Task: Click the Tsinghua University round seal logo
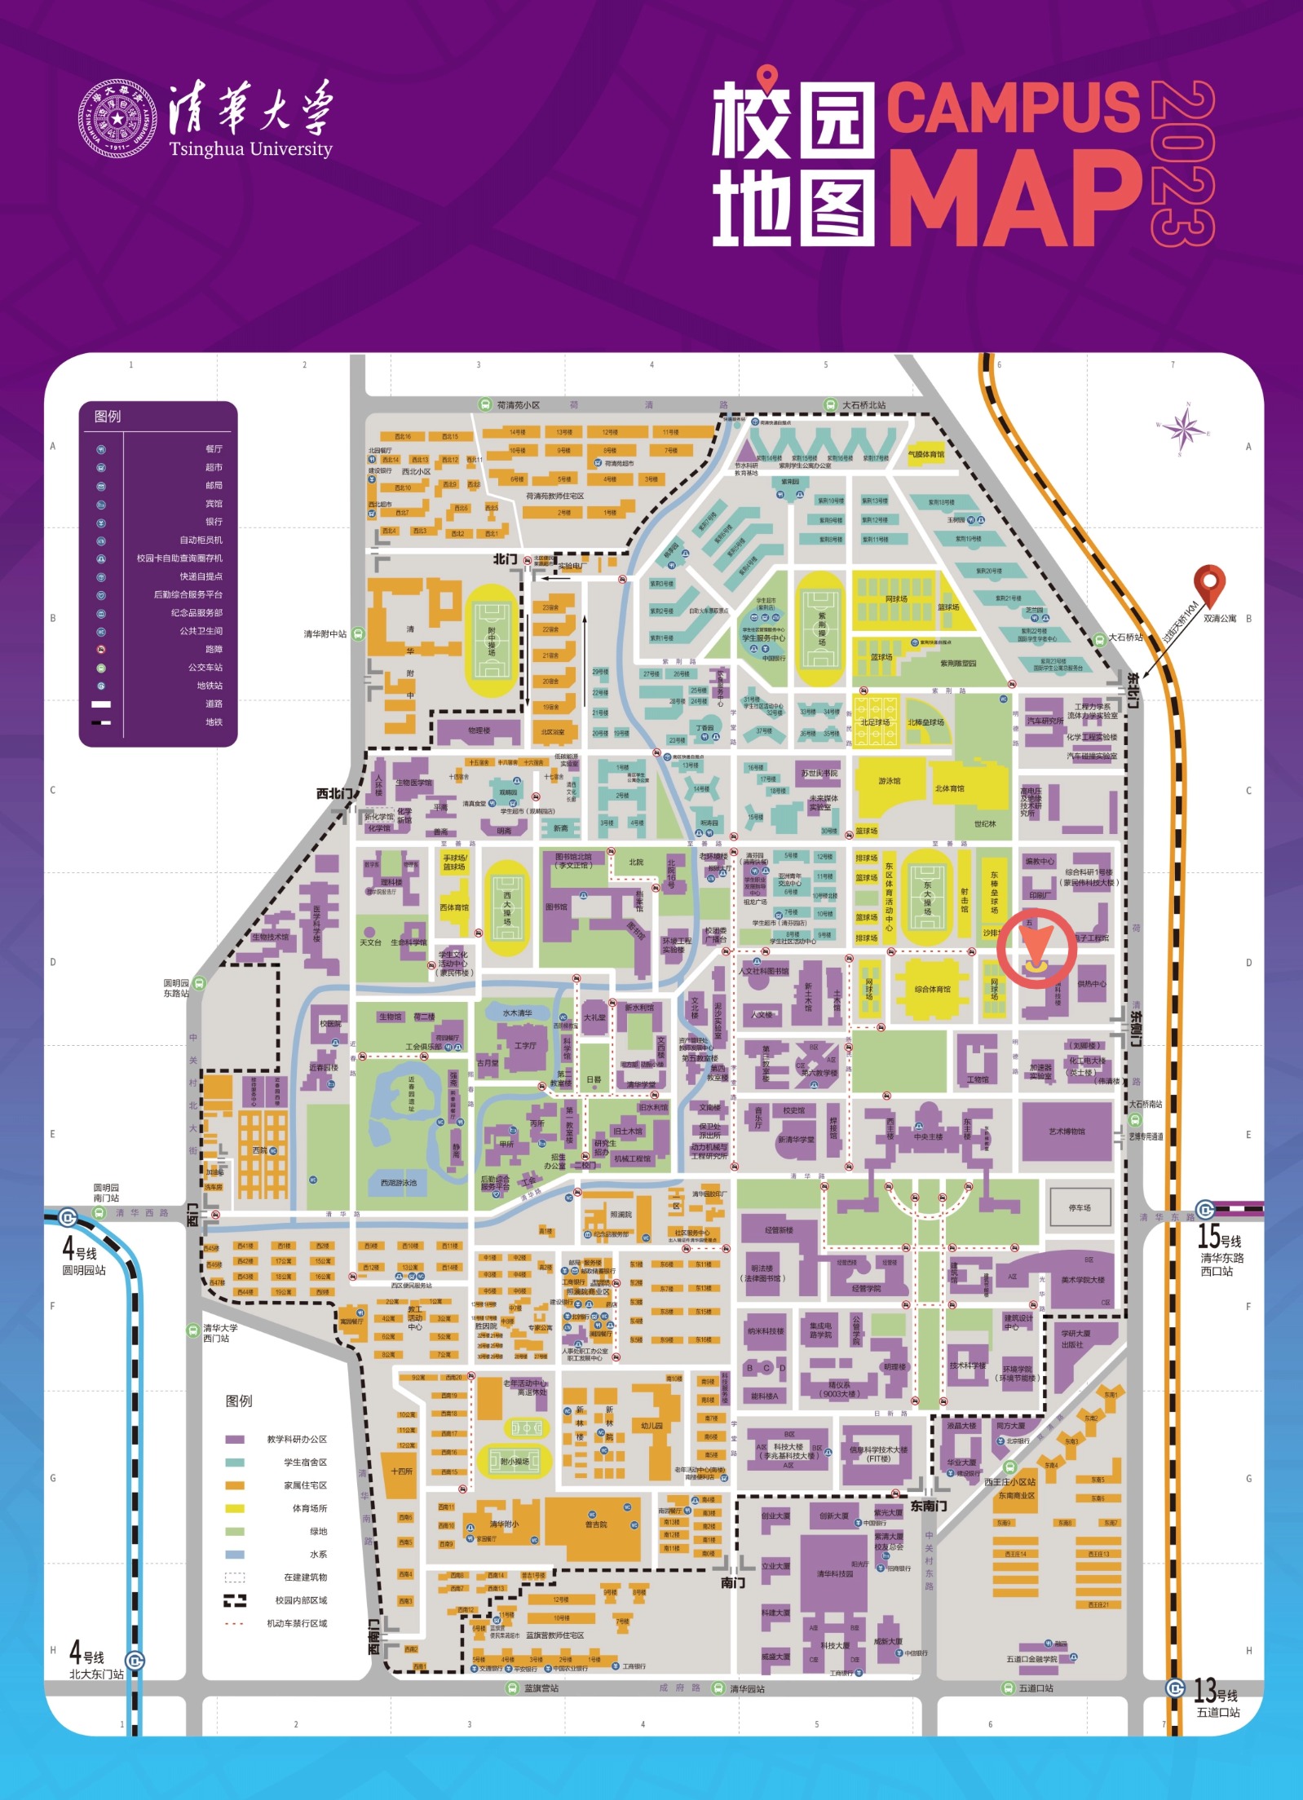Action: [117, 119]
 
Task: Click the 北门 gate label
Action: [505, 559]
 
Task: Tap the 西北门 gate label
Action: [335, 793]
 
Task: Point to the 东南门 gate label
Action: [928, 1506]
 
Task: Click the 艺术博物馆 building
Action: [1067, 1132]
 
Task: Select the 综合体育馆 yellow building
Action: [933, 990]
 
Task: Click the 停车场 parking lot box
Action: [1079, 1207]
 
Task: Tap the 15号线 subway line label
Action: [1219, 1237]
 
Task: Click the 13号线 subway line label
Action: [1216, 1690]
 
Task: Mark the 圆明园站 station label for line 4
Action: [84, 1270]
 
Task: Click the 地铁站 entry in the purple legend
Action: [209, 686]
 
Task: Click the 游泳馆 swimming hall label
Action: [889, 781]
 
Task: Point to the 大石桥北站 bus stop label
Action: [864, 405]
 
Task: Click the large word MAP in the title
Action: [1013, 200]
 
